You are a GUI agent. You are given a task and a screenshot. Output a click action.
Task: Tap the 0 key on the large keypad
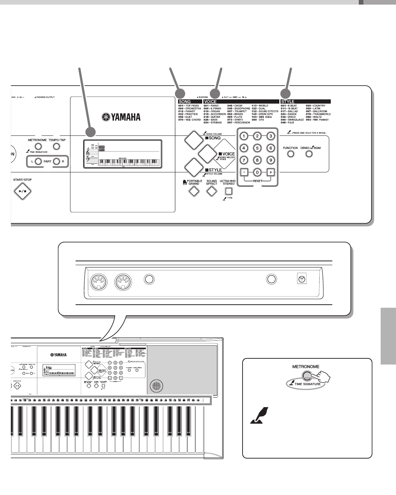click(258, 172)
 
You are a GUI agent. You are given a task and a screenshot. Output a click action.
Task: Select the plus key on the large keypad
click(271, 172)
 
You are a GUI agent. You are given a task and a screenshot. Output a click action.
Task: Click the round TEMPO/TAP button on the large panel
click(56, 147)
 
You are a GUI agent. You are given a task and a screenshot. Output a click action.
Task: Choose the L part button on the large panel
click(38, 162)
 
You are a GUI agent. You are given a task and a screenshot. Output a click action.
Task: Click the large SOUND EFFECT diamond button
click(211, 191)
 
